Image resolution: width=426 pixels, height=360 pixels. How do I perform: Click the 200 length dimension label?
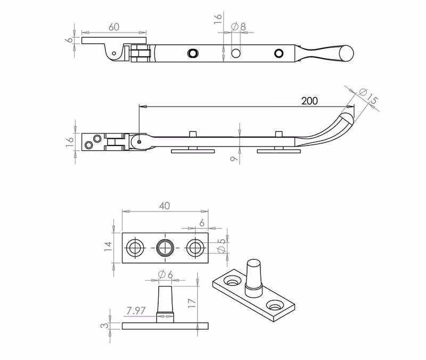click(x=309, y=101)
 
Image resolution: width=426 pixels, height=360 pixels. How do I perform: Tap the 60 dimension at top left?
click(x=114, y=27)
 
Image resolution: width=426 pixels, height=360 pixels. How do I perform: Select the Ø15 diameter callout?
click(x=368, y=96)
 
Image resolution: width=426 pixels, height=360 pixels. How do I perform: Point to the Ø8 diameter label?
click(x=239, y=27)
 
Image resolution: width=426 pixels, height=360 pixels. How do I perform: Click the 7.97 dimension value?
click(x=136, y=310)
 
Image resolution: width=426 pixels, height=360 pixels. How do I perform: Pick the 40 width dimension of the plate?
click(x=165, y=206)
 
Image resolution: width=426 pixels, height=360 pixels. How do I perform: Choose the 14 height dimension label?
click(x=108, y=246)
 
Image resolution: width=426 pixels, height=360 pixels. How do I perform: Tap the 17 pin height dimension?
click(x=192, y=303)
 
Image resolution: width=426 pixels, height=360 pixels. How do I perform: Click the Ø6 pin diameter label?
click(x=165, y=275)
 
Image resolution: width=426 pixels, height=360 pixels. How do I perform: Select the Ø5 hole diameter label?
click(x=222, y=246)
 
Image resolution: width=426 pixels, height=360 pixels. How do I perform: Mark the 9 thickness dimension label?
click(x=234, y=158)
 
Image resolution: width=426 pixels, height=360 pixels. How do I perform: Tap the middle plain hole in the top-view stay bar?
click(x=235, y=53)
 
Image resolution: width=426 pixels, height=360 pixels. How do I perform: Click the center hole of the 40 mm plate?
click(x=165, y=248)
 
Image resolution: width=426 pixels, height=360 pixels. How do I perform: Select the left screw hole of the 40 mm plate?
click(x=135, y=248)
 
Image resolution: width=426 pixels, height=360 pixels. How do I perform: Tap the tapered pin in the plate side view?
click(x=165, y=304)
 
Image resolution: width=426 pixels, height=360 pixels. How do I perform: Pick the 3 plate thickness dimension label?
click(x=105, y=325)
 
